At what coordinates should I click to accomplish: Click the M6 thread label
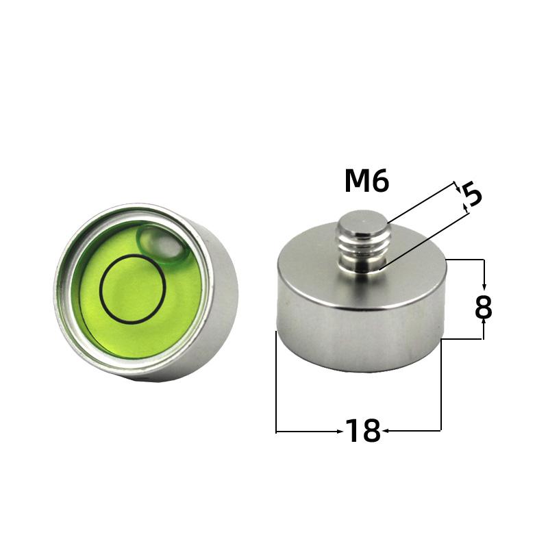click(366, 182)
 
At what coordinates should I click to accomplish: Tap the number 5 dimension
click(473, 195)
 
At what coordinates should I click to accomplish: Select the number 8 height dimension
click(484, 308)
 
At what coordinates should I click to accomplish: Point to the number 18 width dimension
click(362, 431)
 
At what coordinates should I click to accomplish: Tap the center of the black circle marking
click(132, 288)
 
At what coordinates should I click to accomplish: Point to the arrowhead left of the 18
click(338, 431)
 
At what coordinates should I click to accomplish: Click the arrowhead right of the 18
click(386, 431)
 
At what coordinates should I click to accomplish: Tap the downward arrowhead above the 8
click(484, 285)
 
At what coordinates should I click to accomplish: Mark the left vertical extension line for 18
click(275, 384)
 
